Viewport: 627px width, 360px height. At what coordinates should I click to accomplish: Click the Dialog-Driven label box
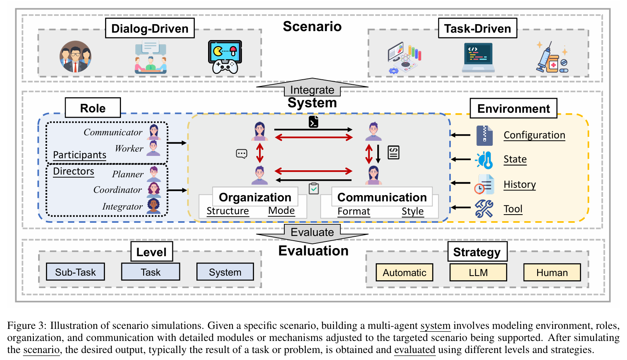[150, 28]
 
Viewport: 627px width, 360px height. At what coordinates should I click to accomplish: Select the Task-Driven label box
[477, 28]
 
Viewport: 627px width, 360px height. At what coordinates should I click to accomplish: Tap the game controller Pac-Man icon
[225, 57]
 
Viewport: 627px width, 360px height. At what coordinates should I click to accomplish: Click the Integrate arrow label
[312, 90]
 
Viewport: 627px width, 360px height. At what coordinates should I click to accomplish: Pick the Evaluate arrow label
[312, 232]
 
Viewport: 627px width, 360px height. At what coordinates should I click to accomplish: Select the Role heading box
[93, 108]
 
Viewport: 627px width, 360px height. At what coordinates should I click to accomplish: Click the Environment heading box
[513, 108]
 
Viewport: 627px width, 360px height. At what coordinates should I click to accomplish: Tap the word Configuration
[534, 135]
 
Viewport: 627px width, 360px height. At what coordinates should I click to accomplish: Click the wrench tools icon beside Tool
[484, 209]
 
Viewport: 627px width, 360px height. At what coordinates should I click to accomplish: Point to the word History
[520, 184]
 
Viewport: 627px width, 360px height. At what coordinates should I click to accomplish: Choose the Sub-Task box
[75, 272]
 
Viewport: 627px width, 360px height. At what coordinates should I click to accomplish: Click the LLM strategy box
[478, 273]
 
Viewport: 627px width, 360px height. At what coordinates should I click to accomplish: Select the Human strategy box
[552, 273]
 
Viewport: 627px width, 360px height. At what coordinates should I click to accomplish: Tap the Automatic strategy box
[404, 273]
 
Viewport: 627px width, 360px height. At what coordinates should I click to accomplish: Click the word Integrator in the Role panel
[122, 206]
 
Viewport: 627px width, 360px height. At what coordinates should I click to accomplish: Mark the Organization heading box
[255, 197]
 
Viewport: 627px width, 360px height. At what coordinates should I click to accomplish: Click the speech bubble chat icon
[242, 154]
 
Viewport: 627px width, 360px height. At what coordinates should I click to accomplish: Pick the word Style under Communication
[412, 211]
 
